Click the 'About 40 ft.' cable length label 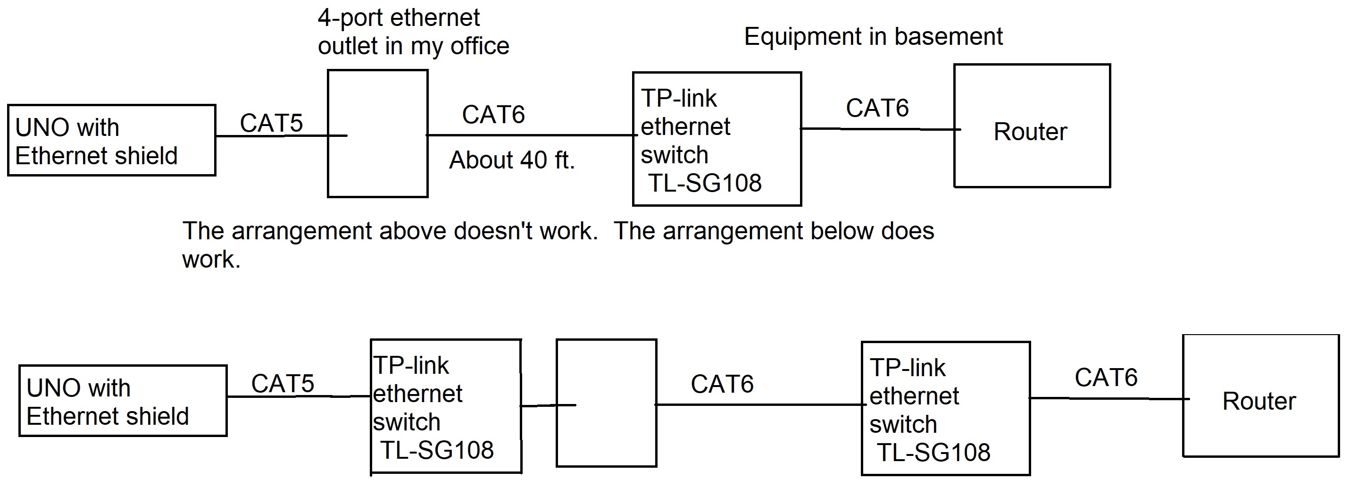click(512, 160)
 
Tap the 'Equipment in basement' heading click(873, 37)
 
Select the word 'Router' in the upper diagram click(1030, 132)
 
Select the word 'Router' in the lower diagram click(1259, 402)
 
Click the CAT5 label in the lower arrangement click(283, 383)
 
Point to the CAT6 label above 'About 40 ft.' click(493, 114)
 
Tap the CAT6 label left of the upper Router click(877, 108)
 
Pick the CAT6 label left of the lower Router click(1106, 378)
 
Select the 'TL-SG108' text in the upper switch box click(704, 183)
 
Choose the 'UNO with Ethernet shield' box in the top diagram click(112, 141)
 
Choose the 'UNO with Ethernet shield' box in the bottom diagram click(123, 401)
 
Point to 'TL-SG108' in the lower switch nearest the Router click(933, 452)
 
